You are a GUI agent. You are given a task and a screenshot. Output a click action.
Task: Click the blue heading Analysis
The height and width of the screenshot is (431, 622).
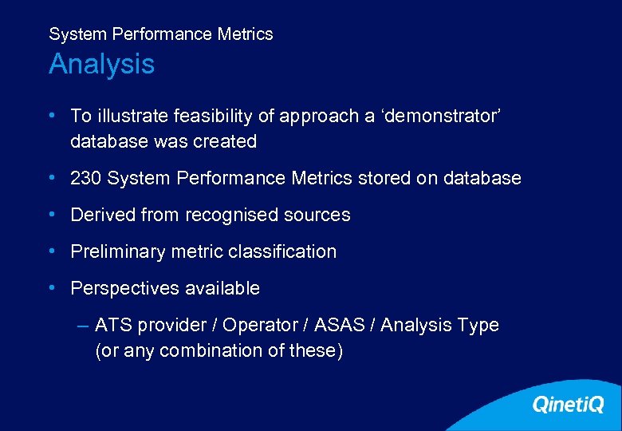pyautogui.click(x=101, y=64)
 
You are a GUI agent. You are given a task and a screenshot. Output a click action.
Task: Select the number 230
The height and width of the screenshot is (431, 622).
pyautogui.click(x=86, y=178)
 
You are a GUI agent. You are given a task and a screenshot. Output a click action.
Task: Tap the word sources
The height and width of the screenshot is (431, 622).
pyautogui.click(x=318, y=215)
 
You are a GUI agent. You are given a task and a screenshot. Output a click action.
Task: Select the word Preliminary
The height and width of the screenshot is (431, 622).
pyautogui.click(x=118, y=251)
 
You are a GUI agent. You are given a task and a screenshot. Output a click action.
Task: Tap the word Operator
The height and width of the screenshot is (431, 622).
pyautogui.click(x=257, y=325)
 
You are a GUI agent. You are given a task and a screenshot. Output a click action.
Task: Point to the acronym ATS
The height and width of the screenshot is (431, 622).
pyautogui.click(x=113, y=325)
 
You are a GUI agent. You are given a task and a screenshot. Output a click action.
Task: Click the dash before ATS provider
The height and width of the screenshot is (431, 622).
pyautogui.click(x=84, y=325)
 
